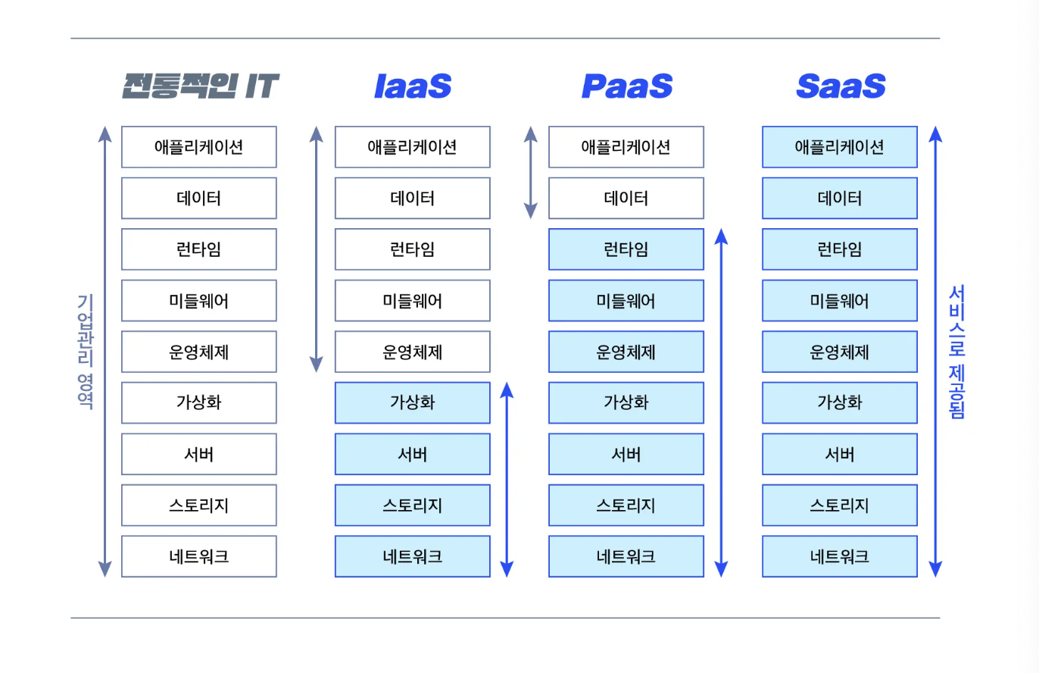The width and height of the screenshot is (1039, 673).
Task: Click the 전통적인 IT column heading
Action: pyautogui.click(x=201, y=86)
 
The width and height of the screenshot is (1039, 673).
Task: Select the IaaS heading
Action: pyautogui.click(x=413, y=86)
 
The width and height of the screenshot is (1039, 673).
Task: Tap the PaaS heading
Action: pyautogui.click(x=626, y=86)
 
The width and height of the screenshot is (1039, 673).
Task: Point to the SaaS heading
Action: pyautogui.click(x=841, y=86)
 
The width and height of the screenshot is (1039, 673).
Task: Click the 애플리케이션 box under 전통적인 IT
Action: pyautogui.click(x=199, y=147)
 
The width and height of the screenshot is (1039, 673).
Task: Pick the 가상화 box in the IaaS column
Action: pyautogui.click(x=413, y=403)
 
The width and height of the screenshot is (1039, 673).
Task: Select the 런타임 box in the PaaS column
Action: pyautogui.click(x=626, y=249)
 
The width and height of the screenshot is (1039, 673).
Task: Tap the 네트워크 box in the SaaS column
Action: pyautogui.click(x=840, y=556)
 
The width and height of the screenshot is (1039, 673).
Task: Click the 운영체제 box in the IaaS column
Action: pyautogui.click(x=413, y=352)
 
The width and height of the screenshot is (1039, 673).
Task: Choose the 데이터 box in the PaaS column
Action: pyautogui.click(x=626, y=199)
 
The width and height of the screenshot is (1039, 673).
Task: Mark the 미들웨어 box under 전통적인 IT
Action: pyautogui.click(x=199, y=300)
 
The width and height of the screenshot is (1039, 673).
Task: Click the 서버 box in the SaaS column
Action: pyautogui.click(x=840, y=454)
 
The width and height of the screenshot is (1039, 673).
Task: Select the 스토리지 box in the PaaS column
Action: pyautogui.click(x=626, y=506)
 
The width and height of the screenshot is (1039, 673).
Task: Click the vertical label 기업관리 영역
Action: pyautogui.click(x=86, y=352)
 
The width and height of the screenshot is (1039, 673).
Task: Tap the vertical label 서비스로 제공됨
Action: pyautogui.click(x=956, y=352)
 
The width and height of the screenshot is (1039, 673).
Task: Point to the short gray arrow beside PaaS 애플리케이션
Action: pyautogui.click(x=531, y=172)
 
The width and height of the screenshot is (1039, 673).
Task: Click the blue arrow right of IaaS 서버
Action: pyautogui.click(x=507, y=480)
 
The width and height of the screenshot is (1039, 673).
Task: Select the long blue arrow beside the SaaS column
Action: pyautogui.click(x=935, y=352)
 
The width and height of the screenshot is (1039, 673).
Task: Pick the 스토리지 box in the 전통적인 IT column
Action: pyautogui.click(x=199, y=506)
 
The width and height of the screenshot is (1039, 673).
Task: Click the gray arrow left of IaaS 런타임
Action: pyautogui.click(x=317, y=249)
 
